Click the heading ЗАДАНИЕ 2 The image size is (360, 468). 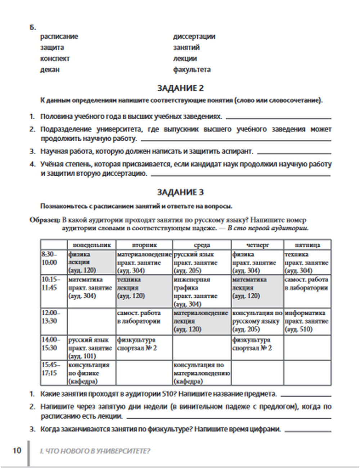point(180,88)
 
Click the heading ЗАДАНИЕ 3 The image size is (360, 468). point(180,192)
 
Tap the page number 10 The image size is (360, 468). point(17,450)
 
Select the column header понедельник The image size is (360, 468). point(92,245)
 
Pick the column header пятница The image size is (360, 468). point(307,245)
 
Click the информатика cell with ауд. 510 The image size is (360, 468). point(307,321)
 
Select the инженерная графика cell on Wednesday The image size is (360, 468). point(202,292)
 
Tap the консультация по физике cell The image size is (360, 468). point(91,373)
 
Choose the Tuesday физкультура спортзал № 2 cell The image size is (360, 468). point(144,344)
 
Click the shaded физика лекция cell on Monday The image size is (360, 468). point(91,262)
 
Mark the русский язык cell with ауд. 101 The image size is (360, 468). point(91,348)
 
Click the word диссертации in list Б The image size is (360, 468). point(194,36)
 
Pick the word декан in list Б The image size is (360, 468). point(50,69)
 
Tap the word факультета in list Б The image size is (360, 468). point(192,69)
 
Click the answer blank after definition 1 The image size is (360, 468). point(278,118)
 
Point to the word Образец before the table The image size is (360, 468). point(45,220)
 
